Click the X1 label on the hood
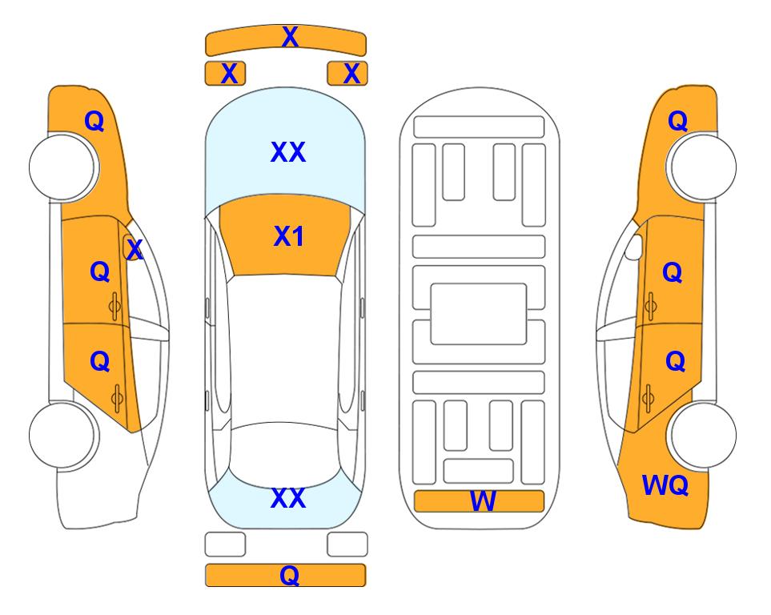click(289, 236)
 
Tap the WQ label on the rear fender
click(665, 485)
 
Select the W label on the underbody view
click(483, 501)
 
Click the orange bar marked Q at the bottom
click(285, 575)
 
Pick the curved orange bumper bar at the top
click(286, 40)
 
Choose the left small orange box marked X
click(225, 74)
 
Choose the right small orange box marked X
click(347, 74)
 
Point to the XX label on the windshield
click(288, 152)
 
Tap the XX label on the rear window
click(288, 498)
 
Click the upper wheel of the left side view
click(62, 167)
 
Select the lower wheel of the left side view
click(62, 436)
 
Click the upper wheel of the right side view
click(702, 167)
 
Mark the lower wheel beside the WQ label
click(702, 436)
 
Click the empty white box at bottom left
click(225, 545)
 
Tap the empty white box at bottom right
click(347, 545)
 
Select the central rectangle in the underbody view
click(479, 314)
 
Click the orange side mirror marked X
click(132, 247)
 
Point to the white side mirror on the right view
click(634, 247)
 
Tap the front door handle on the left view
click(115, 307)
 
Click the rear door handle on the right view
click(648, 399)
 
